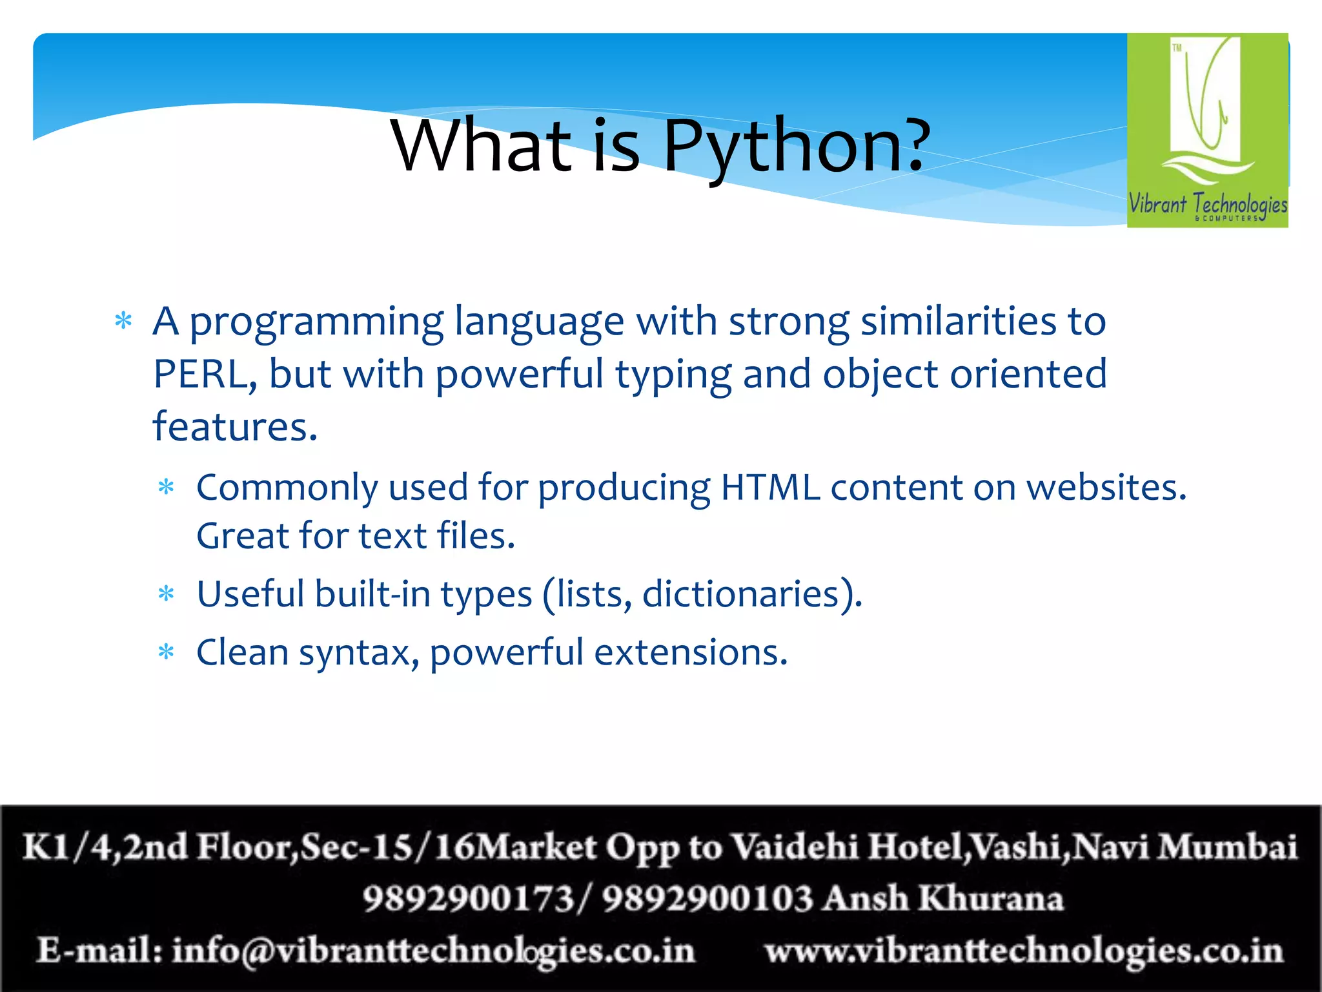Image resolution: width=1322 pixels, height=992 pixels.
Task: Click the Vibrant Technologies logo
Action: pos(1207,130)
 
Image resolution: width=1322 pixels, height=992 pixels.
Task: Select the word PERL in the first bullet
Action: pos(199,374)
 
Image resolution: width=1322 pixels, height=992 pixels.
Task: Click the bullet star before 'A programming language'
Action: pos(123,321)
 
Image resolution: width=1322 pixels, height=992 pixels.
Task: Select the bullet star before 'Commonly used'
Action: pos(167,487)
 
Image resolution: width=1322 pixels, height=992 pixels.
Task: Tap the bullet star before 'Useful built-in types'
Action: pos(167,594)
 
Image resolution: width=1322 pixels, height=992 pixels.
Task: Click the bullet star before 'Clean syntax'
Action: pos(167,652)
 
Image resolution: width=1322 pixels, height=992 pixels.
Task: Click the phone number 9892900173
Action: pos(468,898)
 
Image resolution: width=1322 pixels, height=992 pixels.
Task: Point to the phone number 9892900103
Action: pos(707,898)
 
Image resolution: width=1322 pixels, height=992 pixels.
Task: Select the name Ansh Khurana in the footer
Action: pos(944,898)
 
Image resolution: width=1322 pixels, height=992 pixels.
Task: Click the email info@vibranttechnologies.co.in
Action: pos(432,951)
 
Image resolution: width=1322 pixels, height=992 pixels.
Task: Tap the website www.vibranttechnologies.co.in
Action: pos(1024,951)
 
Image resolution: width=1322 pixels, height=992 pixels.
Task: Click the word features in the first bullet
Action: pos(234,427)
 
